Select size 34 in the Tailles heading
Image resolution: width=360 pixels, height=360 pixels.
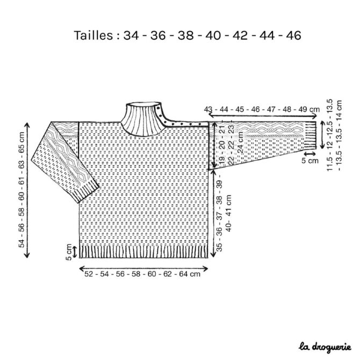[131, 35]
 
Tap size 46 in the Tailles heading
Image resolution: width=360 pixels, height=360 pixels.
[293, 35]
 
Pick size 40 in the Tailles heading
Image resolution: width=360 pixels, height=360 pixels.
[213, 35]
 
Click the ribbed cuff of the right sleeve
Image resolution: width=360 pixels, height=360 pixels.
[310, 135]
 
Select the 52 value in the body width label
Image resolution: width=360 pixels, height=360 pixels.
[89, 274]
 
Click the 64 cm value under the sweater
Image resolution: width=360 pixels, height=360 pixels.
[190, 274]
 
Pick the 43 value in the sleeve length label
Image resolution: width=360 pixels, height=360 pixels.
[208, 109]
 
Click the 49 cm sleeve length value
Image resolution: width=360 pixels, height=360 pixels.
[309, 109]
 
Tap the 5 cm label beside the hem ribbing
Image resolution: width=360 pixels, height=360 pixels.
[69, 252]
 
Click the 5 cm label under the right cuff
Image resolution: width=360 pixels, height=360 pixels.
[310, 161]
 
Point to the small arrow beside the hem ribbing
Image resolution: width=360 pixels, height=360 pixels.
[75, 252]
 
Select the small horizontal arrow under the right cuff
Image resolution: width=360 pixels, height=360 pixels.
[310, 153]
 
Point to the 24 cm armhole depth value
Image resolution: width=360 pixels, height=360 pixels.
[240, 142]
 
